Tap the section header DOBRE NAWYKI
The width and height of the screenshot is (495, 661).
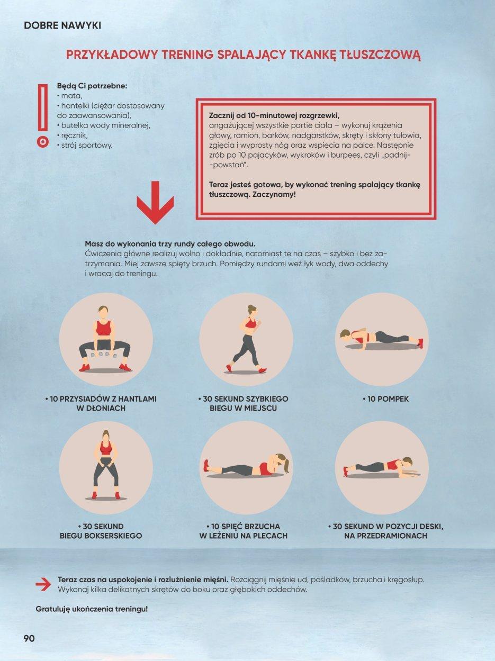click(x=62, y=25)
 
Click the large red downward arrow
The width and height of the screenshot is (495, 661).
click(x=156, y=202)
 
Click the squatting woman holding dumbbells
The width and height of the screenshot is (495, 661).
click(x=105, y=339)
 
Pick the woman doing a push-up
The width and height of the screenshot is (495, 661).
click(x=382, y=339)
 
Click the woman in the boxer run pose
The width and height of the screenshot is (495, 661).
click(x=105, y=465)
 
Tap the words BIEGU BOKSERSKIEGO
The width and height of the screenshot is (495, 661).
click(x=101, y=536)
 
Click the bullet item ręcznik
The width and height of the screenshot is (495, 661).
click(x=73, y=135)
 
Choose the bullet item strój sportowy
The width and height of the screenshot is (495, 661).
click(x=85, y=145)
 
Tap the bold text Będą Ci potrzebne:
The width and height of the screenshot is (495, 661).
click(x=92, y=86)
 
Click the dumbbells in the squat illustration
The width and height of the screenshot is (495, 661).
click(x=104, y=355)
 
